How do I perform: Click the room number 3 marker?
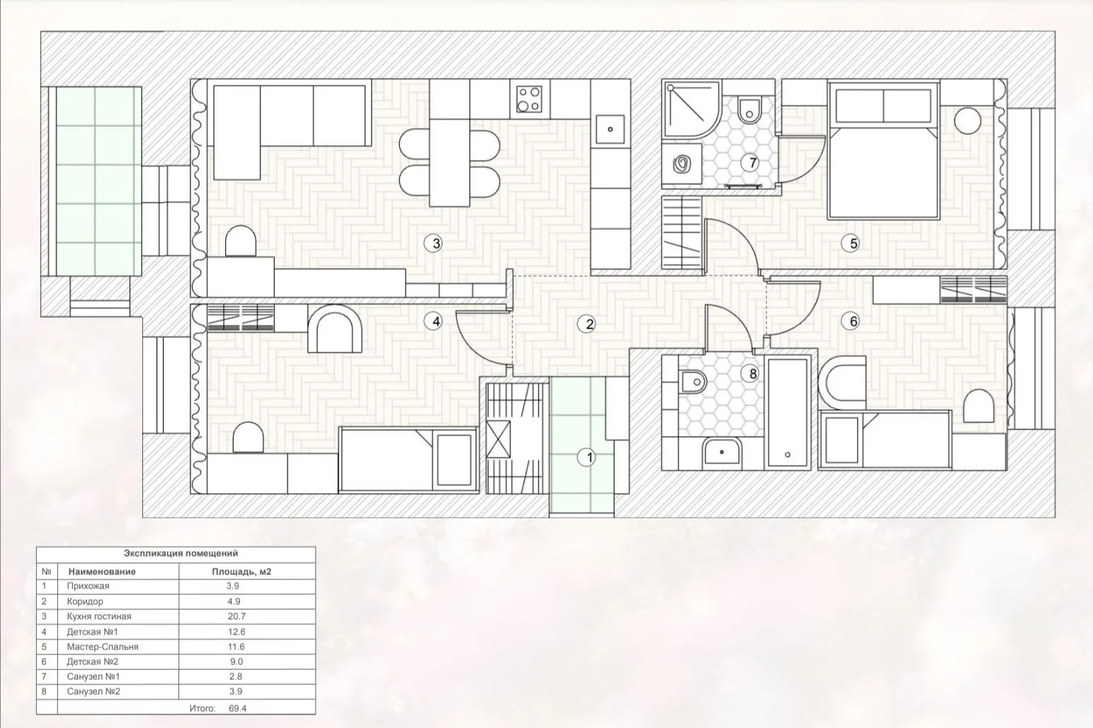[x=433, y=243]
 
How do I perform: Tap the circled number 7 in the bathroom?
[x=752, y=163]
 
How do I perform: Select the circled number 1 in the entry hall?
[x=587, y=457]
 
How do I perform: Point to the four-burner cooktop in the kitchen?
[x=530, y=99]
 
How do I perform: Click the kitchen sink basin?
[x=610, y=130]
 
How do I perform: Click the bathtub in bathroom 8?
[x=787, y=413]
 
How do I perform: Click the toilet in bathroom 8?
[x=692, y=381]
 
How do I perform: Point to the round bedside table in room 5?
[x=968, y=120]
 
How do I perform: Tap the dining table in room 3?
[x=450, y=142]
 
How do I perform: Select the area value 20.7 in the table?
[x=236, y=616]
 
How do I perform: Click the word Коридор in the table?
[x=85, y=601]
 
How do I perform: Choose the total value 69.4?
[x=238, y=708]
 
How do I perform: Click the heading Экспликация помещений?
[x=181, y=553]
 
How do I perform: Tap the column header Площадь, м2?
[x=241, y=571]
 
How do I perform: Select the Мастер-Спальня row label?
[x=103, y=647]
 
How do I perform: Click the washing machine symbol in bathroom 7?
[x=682, y=165]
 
